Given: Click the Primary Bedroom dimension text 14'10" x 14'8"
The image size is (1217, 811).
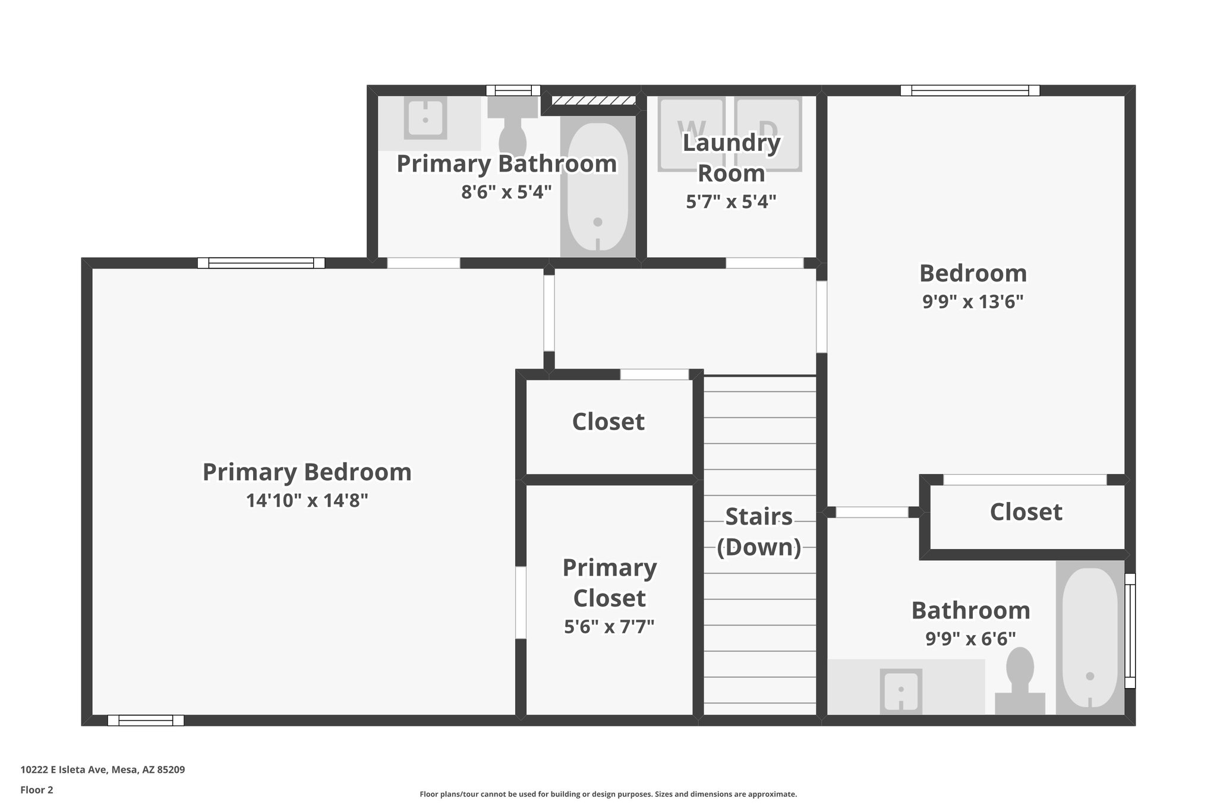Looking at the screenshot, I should [x=307, y=501].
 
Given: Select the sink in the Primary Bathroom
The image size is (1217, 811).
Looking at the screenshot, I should [x=425, y=119].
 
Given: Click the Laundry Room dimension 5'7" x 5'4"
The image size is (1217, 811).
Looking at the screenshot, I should [x=731, y=202].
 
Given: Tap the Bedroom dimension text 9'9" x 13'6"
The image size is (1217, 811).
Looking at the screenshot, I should [x=973, y=302].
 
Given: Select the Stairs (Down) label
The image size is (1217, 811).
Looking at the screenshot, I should [x=759, y=532].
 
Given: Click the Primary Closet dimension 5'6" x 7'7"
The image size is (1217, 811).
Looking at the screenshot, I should [x=609, y=626].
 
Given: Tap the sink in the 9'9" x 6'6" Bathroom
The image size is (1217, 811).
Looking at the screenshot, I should [x=901, y=690].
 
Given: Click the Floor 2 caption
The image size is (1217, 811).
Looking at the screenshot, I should [x=37, y=790].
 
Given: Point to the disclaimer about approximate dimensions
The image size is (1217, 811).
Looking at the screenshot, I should [x=608, y=794].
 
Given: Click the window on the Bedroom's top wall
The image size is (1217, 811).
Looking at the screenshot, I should [x=970, y=91].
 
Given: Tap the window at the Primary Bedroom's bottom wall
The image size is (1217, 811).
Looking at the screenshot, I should [x=146, y=721].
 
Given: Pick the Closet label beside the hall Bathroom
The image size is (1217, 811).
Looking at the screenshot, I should [x=1026, y=512].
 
